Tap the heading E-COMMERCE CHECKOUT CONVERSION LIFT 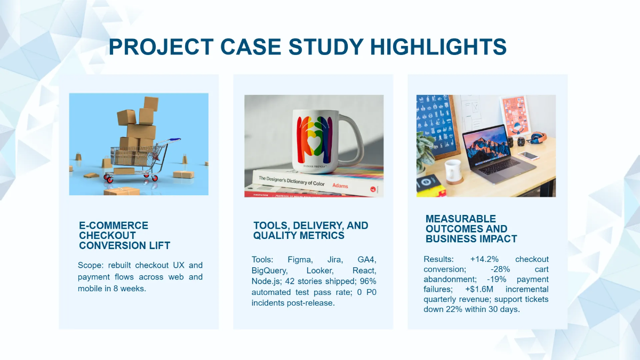124,235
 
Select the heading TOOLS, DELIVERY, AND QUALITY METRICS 310,230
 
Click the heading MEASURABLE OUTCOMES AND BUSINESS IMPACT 471,228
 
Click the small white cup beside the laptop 454,170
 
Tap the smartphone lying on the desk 528,156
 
